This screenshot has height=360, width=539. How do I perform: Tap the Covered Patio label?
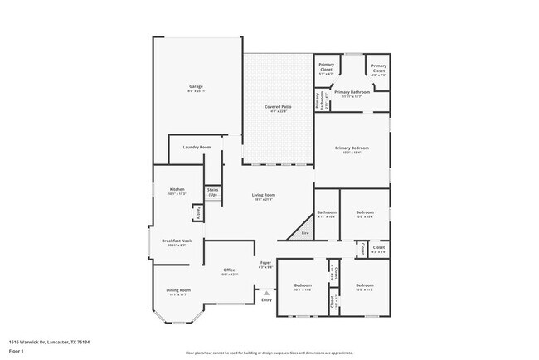277,109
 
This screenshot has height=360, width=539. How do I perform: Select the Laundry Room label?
197,147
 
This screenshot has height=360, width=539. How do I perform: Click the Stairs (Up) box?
212,193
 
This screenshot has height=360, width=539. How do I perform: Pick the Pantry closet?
198,213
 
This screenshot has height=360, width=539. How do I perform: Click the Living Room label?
263,197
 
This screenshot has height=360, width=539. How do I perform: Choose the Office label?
230,271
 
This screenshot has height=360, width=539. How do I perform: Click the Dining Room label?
179,292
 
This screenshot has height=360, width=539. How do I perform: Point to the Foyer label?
266,265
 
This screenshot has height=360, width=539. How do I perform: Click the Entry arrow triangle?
265,293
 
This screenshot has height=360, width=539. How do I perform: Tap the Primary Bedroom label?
352,149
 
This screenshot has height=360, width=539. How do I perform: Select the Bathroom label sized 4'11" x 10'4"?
326,214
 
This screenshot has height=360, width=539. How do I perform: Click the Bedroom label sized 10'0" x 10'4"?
365,214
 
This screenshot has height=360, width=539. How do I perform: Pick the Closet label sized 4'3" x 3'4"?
378,249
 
